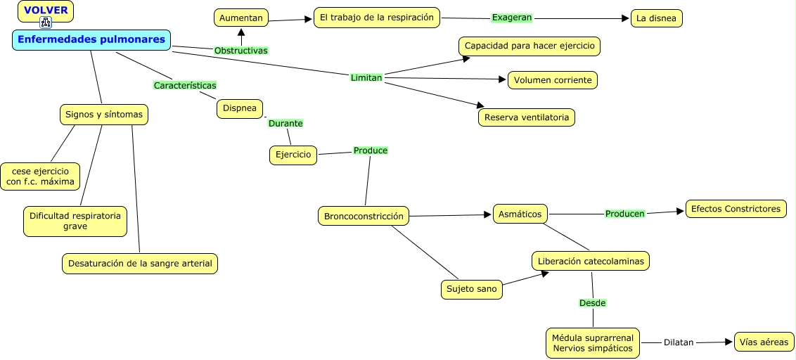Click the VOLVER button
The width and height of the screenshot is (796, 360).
(x=46, y=11)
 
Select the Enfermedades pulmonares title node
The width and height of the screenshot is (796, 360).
(x=91, y=39)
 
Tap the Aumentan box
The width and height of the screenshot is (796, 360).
(x=241, y=18)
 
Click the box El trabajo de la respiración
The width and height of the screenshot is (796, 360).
(x=377, y=18)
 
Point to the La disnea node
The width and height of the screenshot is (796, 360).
(x=656, y=19)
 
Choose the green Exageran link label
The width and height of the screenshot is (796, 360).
(x=512, y=18)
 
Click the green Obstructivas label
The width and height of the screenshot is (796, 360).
(x=241, y=50)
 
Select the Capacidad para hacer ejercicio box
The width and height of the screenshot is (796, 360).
(x=529, y=46)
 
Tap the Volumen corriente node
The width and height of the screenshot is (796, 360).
(x=553, y=80)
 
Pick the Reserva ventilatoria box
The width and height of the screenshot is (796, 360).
(x=527, y=117)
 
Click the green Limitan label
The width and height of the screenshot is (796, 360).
(x=366, y=77)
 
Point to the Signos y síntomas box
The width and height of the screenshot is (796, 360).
(x=104, y=115)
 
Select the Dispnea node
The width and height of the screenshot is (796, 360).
(x=240, y=109)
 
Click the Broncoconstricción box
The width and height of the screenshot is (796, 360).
(x=364, y=217)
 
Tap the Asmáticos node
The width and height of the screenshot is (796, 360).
(x=520, y=214)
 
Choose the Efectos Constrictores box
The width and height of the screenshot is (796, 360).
(x=736, y=209)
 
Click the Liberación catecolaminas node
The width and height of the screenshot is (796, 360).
(x=591, y=262)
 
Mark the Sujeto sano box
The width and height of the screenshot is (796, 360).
(x=472, y=290)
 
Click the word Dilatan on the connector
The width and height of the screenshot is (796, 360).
(x=679, y=342)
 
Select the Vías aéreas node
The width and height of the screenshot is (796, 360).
(x=764, y=342)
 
